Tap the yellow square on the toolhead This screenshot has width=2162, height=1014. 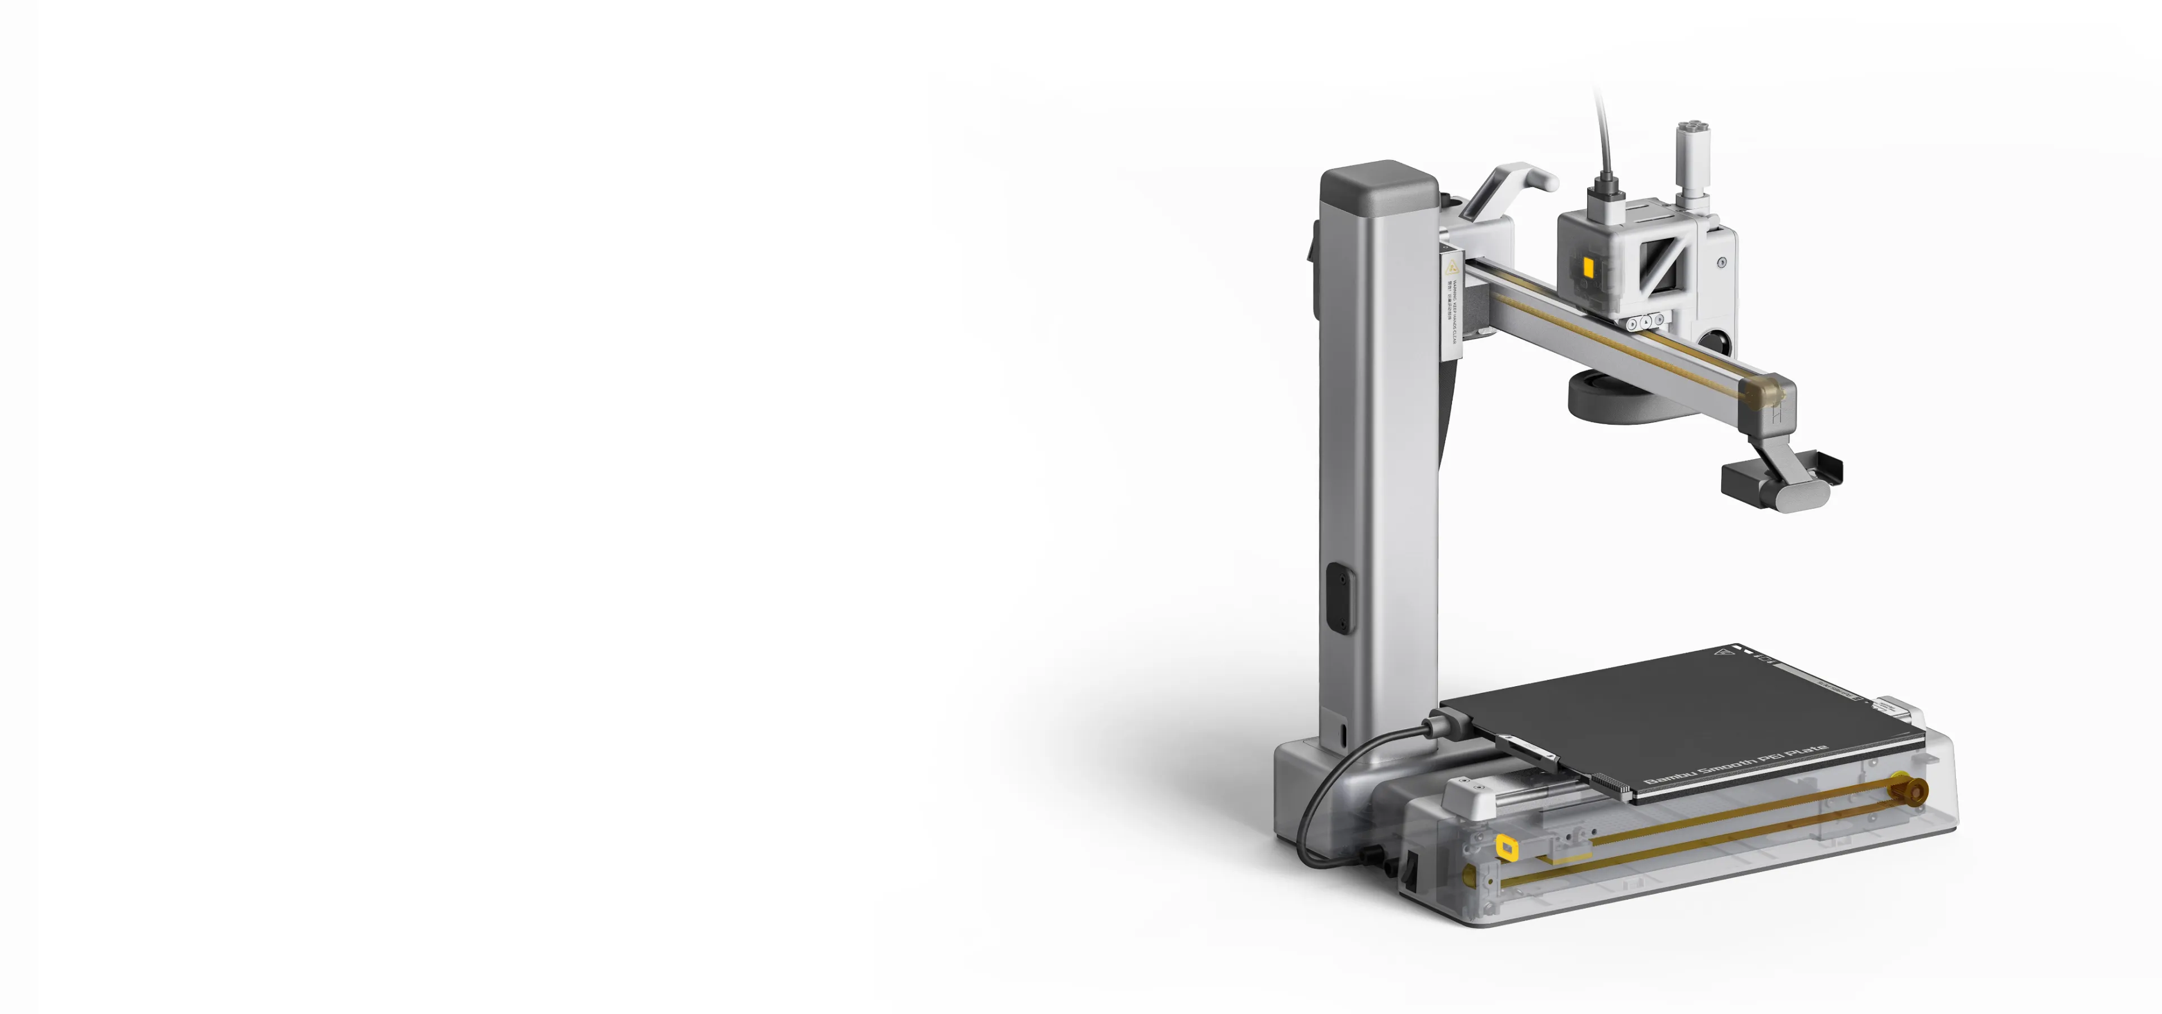(x=1588, y=267)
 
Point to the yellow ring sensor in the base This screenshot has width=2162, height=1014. (x=1507, y=848)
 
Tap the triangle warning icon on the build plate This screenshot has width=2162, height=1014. (x=1724, y=653)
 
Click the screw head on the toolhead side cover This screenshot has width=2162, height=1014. (x=1721, y=262)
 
